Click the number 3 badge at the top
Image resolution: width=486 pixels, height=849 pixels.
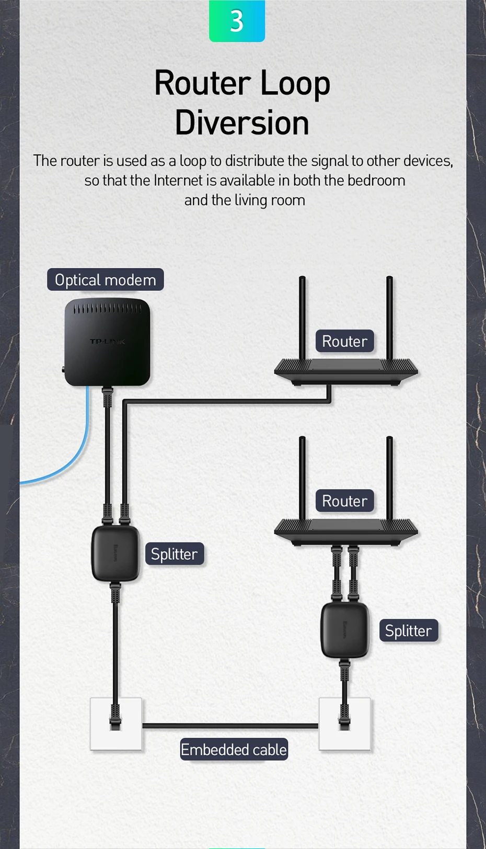tap(237, 21)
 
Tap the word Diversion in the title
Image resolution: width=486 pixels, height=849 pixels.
tap(242, 123)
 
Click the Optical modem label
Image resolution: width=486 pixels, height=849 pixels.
tap(106, 280)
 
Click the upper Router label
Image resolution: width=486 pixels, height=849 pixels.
tap(344, 341)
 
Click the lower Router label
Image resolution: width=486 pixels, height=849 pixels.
tap(344, 501)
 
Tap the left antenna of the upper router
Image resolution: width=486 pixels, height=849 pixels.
tap(302, 316)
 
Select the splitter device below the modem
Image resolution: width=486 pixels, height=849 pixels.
tap(115, 553)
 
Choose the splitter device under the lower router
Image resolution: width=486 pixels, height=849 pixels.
tap(344, 630)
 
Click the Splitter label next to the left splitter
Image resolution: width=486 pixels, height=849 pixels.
tap(174, 554)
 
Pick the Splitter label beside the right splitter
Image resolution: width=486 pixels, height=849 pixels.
tap(408, 631)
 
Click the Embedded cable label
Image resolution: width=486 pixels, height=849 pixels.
tap(234, 750)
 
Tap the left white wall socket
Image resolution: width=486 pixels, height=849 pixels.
tap(116, 724)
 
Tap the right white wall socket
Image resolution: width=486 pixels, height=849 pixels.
tap(345, 724)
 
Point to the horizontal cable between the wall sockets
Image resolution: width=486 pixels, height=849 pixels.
tap(230, 726)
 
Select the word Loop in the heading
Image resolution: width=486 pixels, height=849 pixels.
tap(295, 84)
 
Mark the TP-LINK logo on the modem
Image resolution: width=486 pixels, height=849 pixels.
tap(107, 342)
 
